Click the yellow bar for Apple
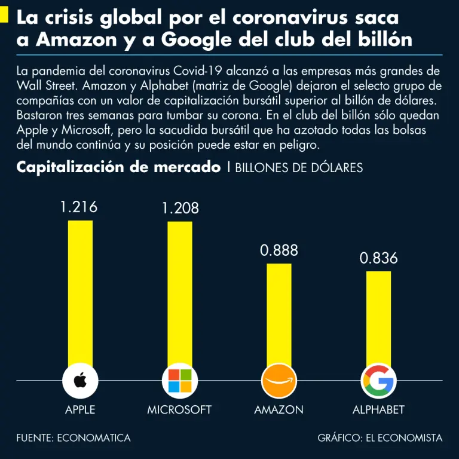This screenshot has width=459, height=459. tap(80, 293)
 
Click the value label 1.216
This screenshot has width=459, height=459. tap(79, 207)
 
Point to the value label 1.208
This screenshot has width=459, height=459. tap(180, 209)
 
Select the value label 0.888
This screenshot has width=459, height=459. tap(279, 250)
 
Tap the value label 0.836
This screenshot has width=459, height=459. tap(379, 259)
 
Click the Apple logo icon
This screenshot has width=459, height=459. tap(80, 380)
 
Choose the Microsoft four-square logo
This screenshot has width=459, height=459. tap(180, 380)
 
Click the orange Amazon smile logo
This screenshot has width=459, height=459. tap(279, 380)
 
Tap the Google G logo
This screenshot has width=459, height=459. tap(379, 380)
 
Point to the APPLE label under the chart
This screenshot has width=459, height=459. tap(80, 410)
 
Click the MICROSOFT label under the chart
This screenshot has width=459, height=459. tap(179, 410)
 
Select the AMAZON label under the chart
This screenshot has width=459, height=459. tap(279, 410)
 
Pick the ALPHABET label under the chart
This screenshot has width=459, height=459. tap(378, 410)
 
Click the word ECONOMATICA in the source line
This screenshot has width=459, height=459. tap(94, 438)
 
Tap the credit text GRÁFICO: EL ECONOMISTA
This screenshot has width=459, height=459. tap(380, 438)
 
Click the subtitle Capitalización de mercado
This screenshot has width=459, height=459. tap(118, 167)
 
